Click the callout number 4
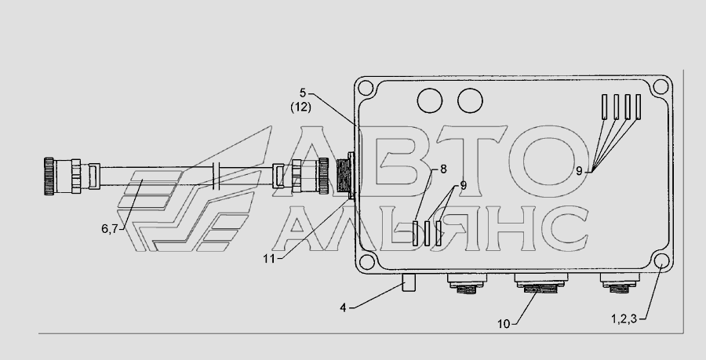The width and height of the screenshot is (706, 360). (x=343, y=308)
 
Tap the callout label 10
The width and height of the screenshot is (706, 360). (x=504, y=324)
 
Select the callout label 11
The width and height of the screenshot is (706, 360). (x=269, y=259)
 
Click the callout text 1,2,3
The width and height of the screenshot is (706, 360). (x=624, y=319)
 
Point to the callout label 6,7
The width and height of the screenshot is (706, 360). (x=109, y=229)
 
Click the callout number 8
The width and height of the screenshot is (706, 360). (x=443, y=169)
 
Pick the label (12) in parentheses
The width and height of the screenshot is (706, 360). (x=300, y=108)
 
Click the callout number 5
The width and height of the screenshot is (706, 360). (x=303, y=93)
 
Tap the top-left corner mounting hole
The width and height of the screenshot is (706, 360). (x=365, y=87)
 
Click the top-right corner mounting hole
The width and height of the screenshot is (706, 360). (x=661, y=87)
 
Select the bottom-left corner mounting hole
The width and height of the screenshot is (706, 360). (x=366, y=261)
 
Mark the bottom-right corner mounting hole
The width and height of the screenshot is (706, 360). (x=661, y=261)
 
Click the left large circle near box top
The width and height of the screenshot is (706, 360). (x=430, y=100)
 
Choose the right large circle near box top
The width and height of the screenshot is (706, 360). (x=470, y=100)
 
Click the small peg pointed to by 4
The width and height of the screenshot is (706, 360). (x=409, y=282)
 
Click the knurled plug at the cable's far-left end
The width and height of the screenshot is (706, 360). (x=49, y=176)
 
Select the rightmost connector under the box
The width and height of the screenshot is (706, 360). (x=620, y=282)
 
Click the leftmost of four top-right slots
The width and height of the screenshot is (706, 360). (x=605, y=107)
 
